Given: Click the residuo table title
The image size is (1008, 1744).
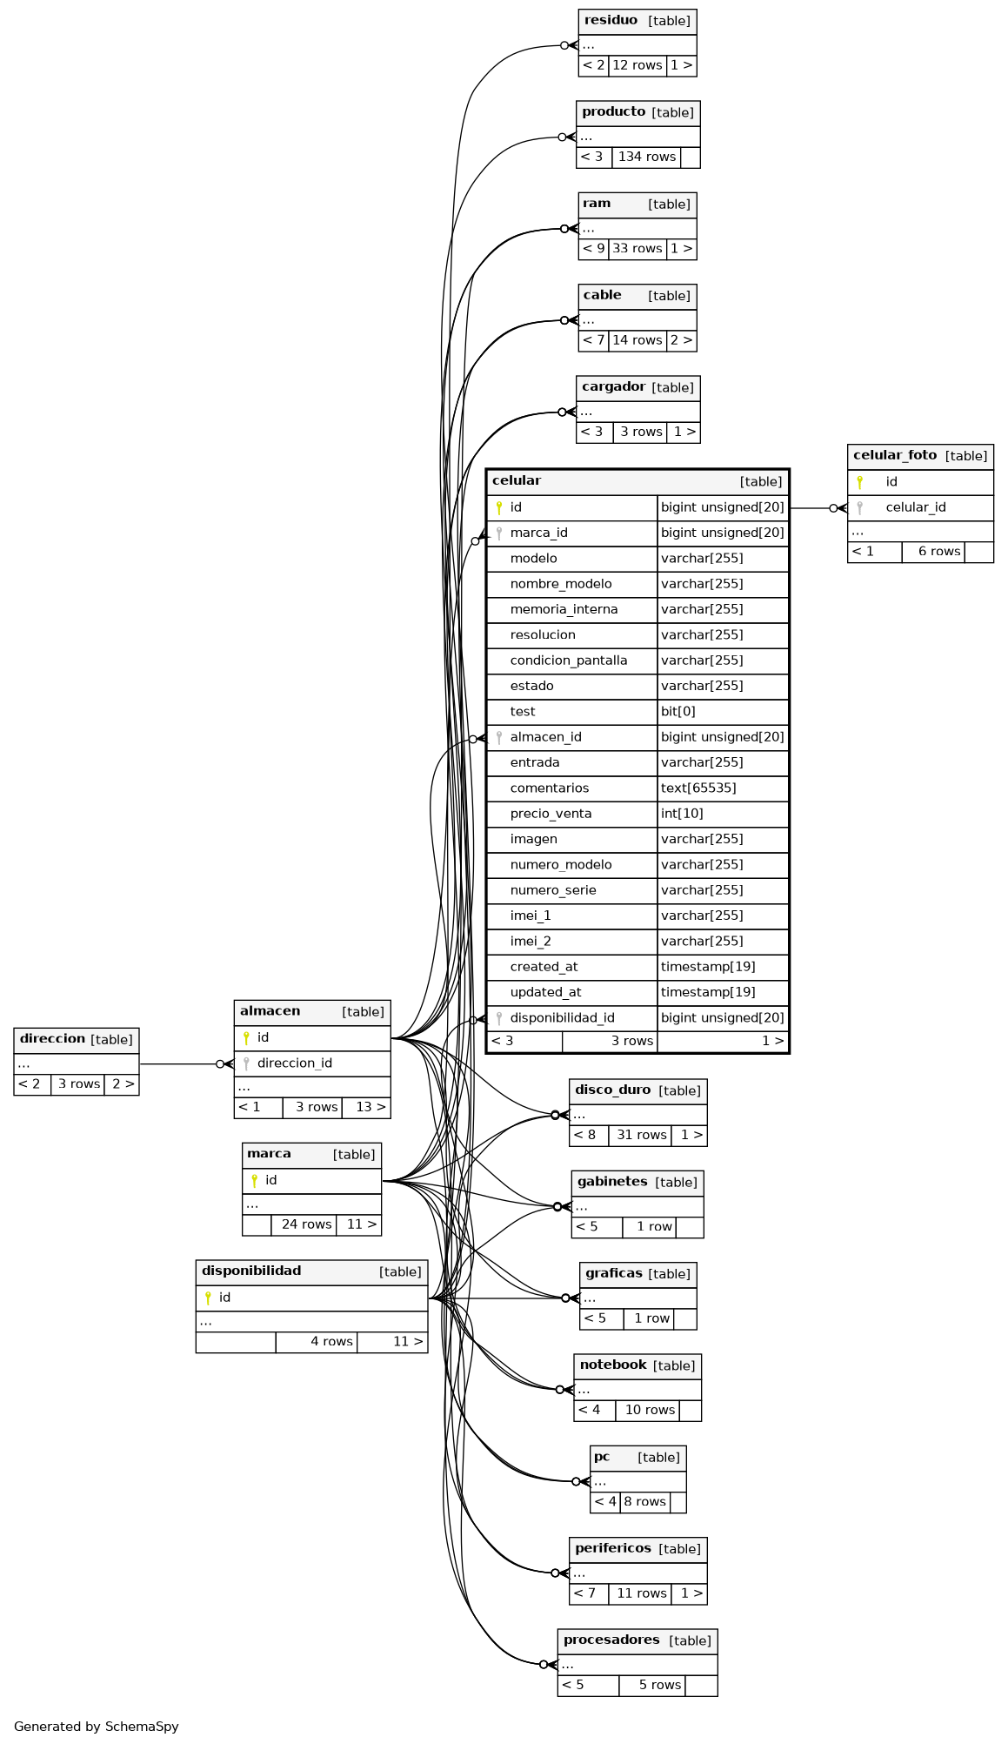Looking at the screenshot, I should click(x=611, y=21).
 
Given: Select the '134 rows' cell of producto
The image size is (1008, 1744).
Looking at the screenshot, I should click(x=646, y=157).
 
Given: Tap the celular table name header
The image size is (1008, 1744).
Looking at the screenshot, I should click(x=517, y=481).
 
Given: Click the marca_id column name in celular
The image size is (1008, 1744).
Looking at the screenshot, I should click(x=538, y=533).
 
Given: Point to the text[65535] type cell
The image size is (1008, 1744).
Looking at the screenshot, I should click(x=698, y=788).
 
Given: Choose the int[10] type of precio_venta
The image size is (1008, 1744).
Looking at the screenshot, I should click(x=682, y=814).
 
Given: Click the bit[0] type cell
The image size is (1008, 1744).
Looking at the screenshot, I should click(x=678, y=712).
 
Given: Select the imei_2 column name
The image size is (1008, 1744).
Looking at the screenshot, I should click(x=531, y=942).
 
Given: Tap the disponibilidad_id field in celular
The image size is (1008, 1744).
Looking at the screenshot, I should click(x=562, y=1018).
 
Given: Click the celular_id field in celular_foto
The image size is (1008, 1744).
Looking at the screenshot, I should click(x=916, y=507).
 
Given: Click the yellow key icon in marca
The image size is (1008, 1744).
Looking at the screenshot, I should click(x=254, y=1181).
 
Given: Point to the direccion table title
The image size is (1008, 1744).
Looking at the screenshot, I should click(x=52, y=1039).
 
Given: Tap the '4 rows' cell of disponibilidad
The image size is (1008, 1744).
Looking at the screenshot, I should click(x=331, y=1342).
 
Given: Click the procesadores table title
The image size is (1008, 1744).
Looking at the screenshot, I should click(x=611, y=1640).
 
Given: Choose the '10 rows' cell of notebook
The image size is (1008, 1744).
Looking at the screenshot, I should click(x=650, y=1410).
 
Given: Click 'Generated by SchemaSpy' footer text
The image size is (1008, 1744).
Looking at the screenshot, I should click(x=97, y=1727).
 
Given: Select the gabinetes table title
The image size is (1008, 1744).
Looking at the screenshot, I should click(x=612, y=1182).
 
